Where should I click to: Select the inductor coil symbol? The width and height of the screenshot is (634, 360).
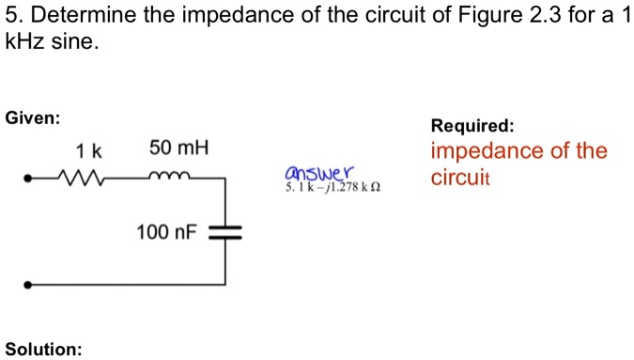point(171,175)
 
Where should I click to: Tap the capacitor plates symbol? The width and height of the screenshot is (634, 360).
point(225,231)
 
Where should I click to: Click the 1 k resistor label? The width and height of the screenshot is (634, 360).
point(89,149)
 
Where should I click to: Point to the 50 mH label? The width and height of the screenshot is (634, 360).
point(178,149)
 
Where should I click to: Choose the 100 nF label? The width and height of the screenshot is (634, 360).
point(165,231)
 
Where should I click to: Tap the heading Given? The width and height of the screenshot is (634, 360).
point(33,118)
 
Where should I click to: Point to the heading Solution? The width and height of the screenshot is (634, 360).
point(43,349)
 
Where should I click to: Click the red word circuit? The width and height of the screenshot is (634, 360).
point(456,177)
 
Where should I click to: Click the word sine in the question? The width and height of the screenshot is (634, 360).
point(75,43)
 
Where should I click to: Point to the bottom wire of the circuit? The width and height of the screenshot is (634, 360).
point(128,283)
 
